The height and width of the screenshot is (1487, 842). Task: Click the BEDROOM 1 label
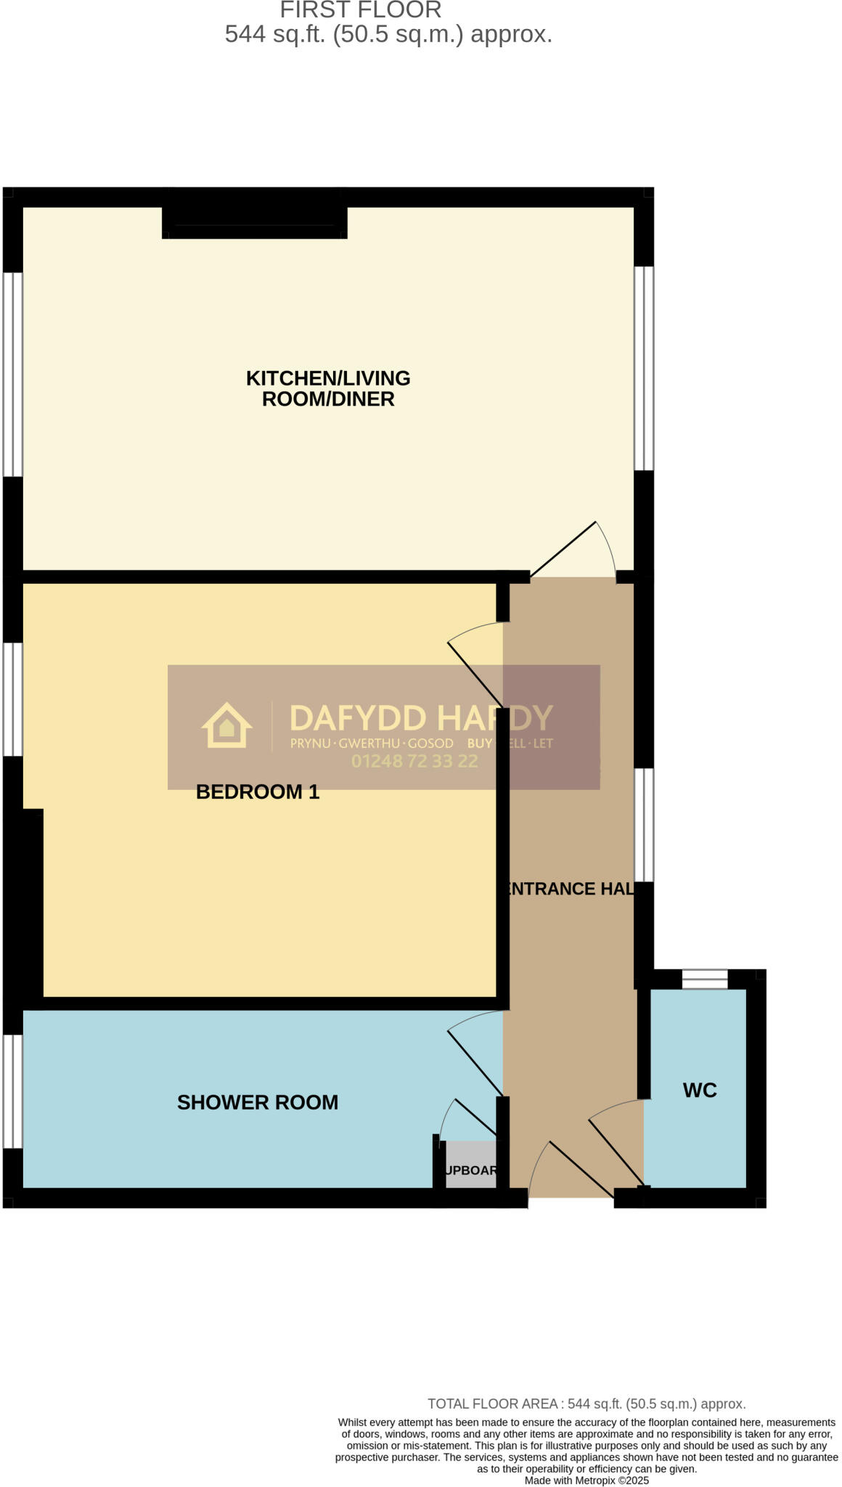[258, 791]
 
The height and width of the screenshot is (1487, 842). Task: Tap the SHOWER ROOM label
[258, 1102]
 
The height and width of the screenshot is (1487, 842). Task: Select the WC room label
[700, 1090]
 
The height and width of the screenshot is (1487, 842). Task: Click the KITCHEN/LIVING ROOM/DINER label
[328, 388]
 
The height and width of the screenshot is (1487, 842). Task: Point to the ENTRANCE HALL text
[568, 889]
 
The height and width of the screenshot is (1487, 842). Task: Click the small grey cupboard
[470, 1165]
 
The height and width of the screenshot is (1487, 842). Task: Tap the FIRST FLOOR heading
[361, 10]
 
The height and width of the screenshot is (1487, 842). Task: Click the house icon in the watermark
[226, 725]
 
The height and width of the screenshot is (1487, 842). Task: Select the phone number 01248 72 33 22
[414, 761]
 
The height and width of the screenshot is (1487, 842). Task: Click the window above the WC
[704, 979]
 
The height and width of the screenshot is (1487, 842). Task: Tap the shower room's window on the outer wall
[12, 1091]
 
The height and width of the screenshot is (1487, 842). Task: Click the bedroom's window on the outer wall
[12, 699]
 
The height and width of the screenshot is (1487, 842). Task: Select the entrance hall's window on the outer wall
[644, 825]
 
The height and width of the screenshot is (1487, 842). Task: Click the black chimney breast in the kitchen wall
[254, 216]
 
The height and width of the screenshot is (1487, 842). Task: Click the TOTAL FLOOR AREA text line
[586, 1404]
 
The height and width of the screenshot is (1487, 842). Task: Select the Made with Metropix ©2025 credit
[586, 1480]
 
